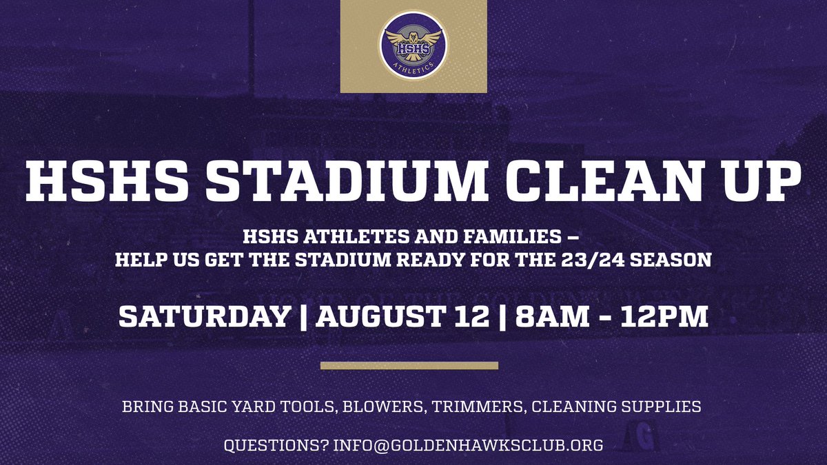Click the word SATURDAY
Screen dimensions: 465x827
(204, 317)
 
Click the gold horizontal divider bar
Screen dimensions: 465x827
(409, 365)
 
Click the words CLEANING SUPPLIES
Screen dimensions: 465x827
(617, 406)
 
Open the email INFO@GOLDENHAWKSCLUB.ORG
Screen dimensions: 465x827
(468, 446)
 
